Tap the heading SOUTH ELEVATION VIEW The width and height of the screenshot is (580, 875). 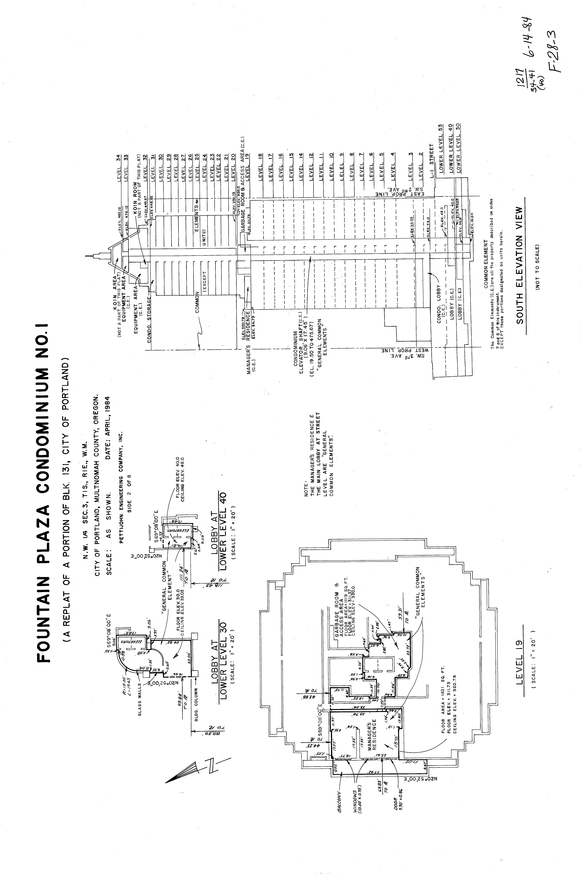coord(520,265)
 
